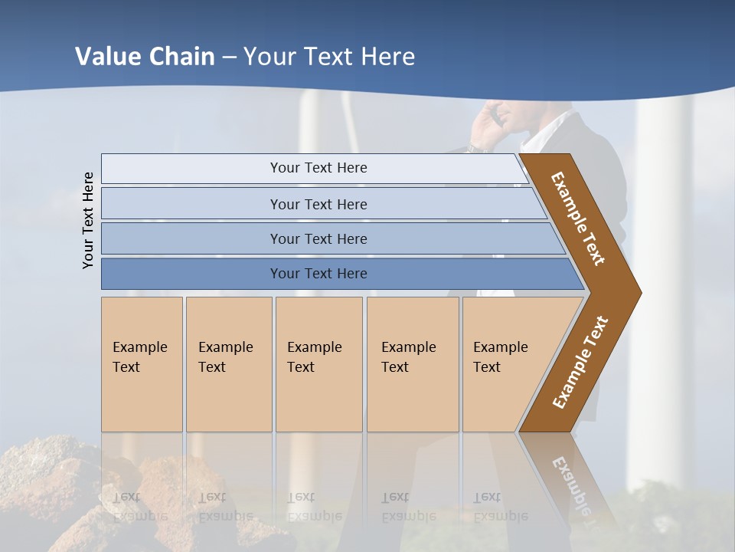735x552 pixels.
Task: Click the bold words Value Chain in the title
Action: [x=145, y=57]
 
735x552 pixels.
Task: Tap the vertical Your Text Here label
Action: [x=88, y=220]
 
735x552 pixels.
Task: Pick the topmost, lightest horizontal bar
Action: [x=318, y=168]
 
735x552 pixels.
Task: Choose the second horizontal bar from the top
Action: [x=318, y=204]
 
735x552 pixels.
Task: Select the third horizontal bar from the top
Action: [x=318, y=238]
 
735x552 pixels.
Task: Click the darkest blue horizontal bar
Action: [x=318, y=274]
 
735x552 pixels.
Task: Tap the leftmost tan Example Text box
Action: [x=142, y=364]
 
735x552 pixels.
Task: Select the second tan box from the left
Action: [x=228, y=364]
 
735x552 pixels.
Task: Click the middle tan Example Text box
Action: [x=318, y=364]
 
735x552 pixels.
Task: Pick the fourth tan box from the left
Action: [x=412, y=364]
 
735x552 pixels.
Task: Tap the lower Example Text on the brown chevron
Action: [x=580, y=362]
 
